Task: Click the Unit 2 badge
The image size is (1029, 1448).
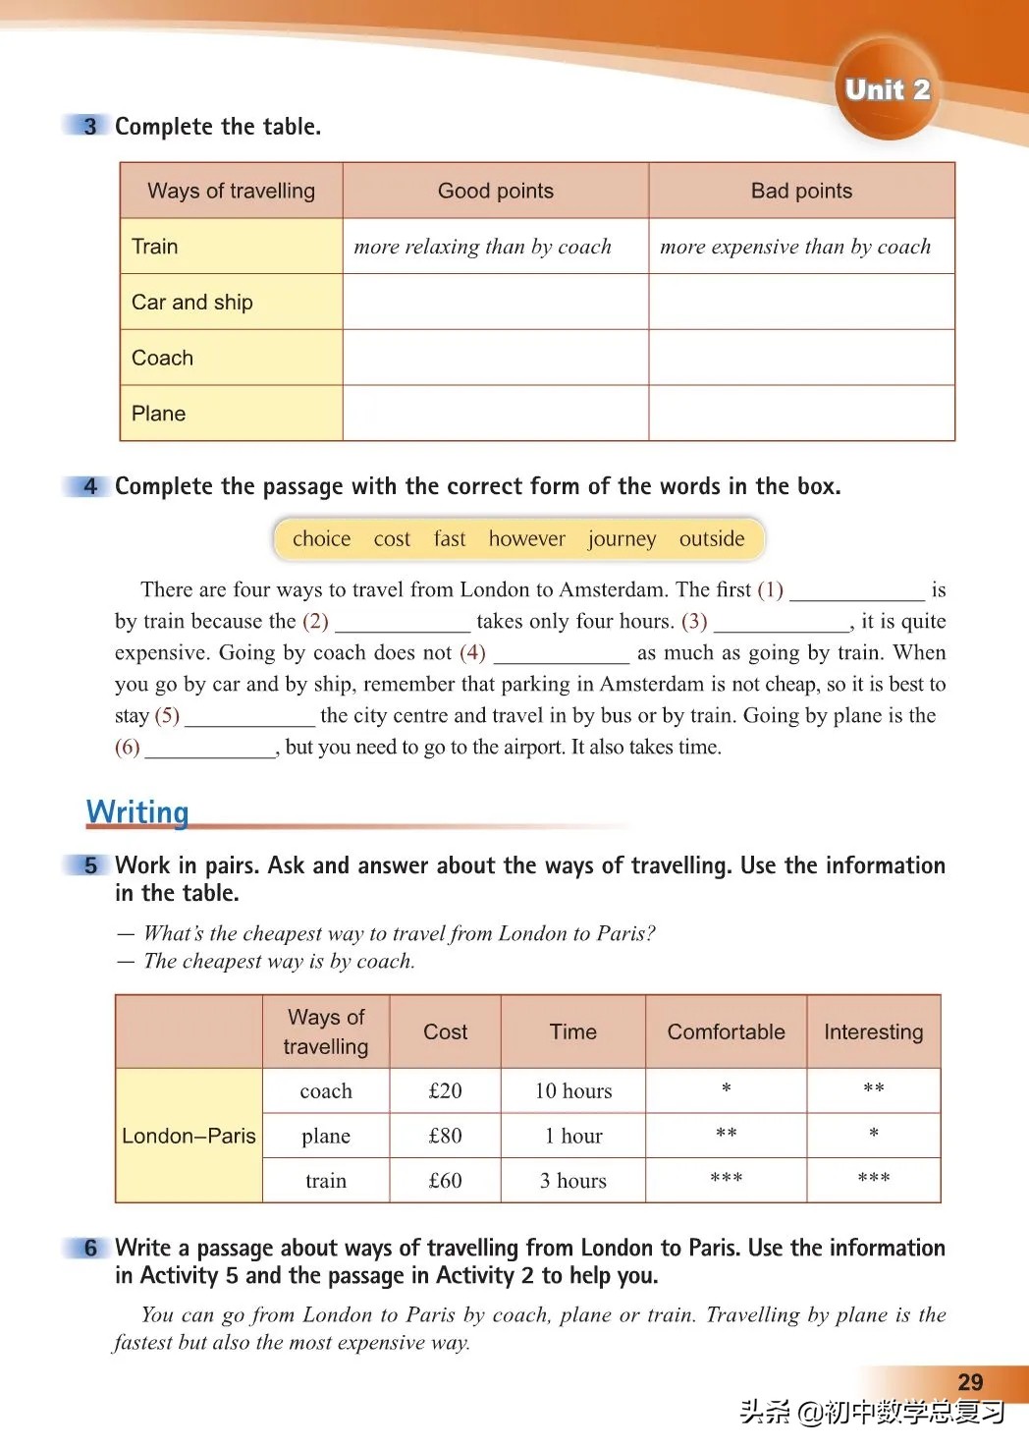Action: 887,89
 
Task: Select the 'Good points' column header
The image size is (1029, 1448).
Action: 496,191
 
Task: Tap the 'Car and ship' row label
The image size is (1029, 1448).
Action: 192,303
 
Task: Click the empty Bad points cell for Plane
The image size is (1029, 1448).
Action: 801,414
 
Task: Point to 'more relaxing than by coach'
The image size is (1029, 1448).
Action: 482,247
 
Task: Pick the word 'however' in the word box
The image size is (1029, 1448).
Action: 527,538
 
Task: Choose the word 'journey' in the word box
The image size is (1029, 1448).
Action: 622,538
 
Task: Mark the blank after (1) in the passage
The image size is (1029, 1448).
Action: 856,591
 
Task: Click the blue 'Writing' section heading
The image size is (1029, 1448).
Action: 137,812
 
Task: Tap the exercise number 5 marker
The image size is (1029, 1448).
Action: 90,865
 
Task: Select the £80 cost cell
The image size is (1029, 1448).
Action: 445,1136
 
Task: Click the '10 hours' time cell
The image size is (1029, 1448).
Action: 573,1090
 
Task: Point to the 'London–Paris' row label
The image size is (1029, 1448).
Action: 189,1136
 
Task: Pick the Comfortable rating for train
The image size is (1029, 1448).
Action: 726,1180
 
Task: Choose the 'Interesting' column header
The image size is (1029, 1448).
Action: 873,1031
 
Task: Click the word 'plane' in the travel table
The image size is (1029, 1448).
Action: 326,1136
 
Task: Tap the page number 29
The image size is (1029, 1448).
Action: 969,1382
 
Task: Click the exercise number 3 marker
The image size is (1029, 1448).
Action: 90,126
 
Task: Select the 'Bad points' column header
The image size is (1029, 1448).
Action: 801,191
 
